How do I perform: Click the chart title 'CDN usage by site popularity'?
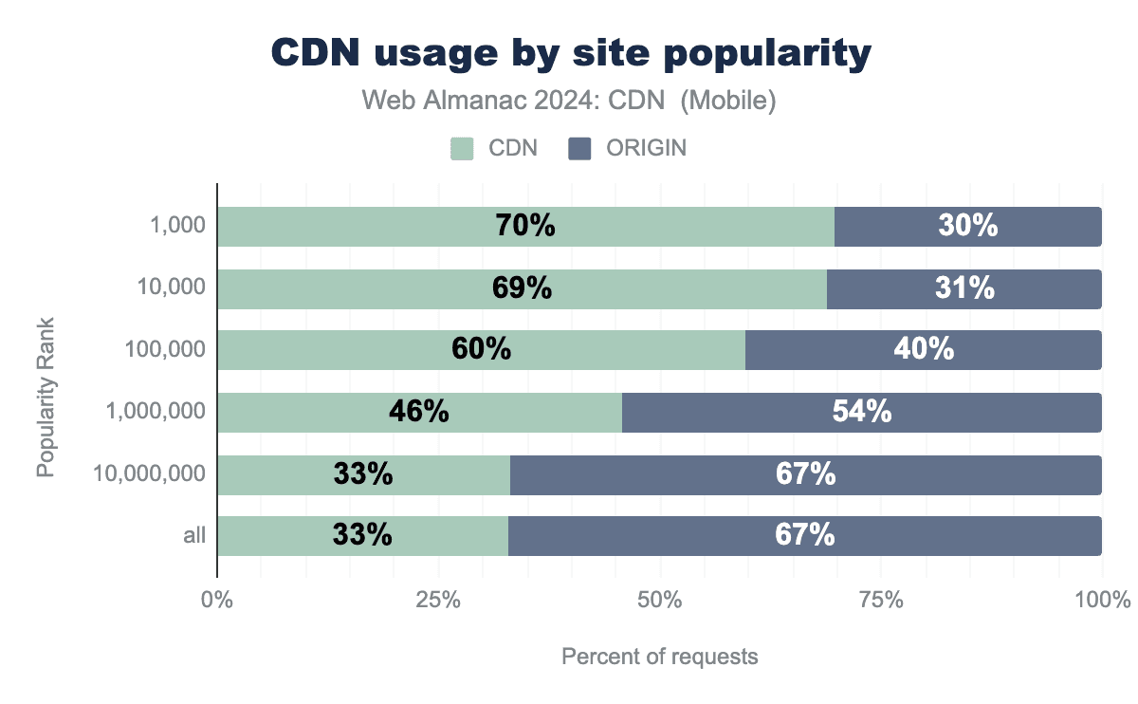571,54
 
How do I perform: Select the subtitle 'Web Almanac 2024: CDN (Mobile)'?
569,101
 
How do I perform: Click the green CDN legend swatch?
462,148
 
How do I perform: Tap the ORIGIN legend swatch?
578,148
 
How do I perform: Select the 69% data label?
523,288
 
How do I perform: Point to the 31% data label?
964,288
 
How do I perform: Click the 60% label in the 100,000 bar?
481,349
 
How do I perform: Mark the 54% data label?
861,412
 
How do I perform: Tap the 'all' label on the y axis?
194,536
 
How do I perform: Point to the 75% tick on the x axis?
881,601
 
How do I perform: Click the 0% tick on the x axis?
217,601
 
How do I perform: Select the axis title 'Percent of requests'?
660,657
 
